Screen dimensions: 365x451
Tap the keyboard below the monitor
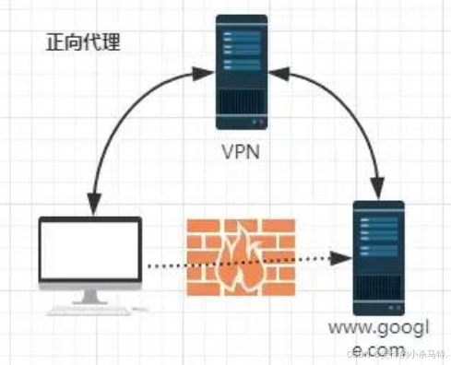pyautogui.click(x=89, y=310)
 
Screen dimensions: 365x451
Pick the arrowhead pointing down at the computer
pyautogui.click(x=90, y=204)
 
